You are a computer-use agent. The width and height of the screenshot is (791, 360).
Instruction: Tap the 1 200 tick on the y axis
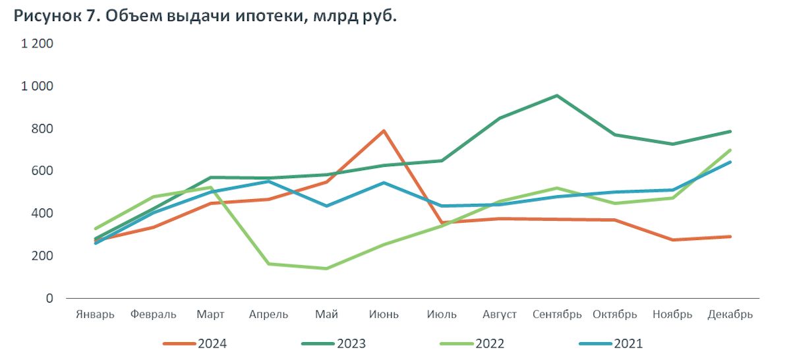pos(38,44)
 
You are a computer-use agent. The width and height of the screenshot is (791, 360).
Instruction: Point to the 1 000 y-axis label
pos(38,86)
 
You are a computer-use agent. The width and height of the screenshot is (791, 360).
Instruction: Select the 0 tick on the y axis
pos(49,298)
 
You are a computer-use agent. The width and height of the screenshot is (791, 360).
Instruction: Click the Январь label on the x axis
pos(96,315)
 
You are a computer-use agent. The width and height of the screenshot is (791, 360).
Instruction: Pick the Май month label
pos(326,315)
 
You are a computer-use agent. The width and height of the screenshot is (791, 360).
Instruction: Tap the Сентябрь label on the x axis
pos(557,315)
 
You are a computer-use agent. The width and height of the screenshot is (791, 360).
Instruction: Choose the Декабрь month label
pos(730,315)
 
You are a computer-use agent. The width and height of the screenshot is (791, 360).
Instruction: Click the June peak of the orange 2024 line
pos(384,131)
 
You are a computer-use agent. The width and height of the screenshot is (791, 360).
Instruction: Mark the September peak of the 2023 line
pos(557,96)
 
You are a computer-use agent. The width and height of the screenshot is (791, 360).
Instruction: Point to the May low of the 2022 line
pos(326,268)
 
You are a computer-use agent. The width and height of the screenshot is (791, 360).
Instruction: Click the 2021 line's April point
pos(268,181)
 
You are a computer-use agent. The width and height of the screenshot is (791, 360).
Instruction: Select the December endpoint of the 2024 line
pos(730,237)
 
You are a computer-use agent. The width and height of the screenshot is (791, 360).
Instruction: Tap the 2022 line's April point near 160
pos(268,264)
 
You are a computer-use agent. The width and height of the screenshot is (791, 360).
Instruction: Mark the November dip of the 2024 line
pos(672,240)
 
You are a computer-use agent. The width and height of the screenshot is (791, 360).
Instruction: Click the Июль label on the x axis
pos(442,315)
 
